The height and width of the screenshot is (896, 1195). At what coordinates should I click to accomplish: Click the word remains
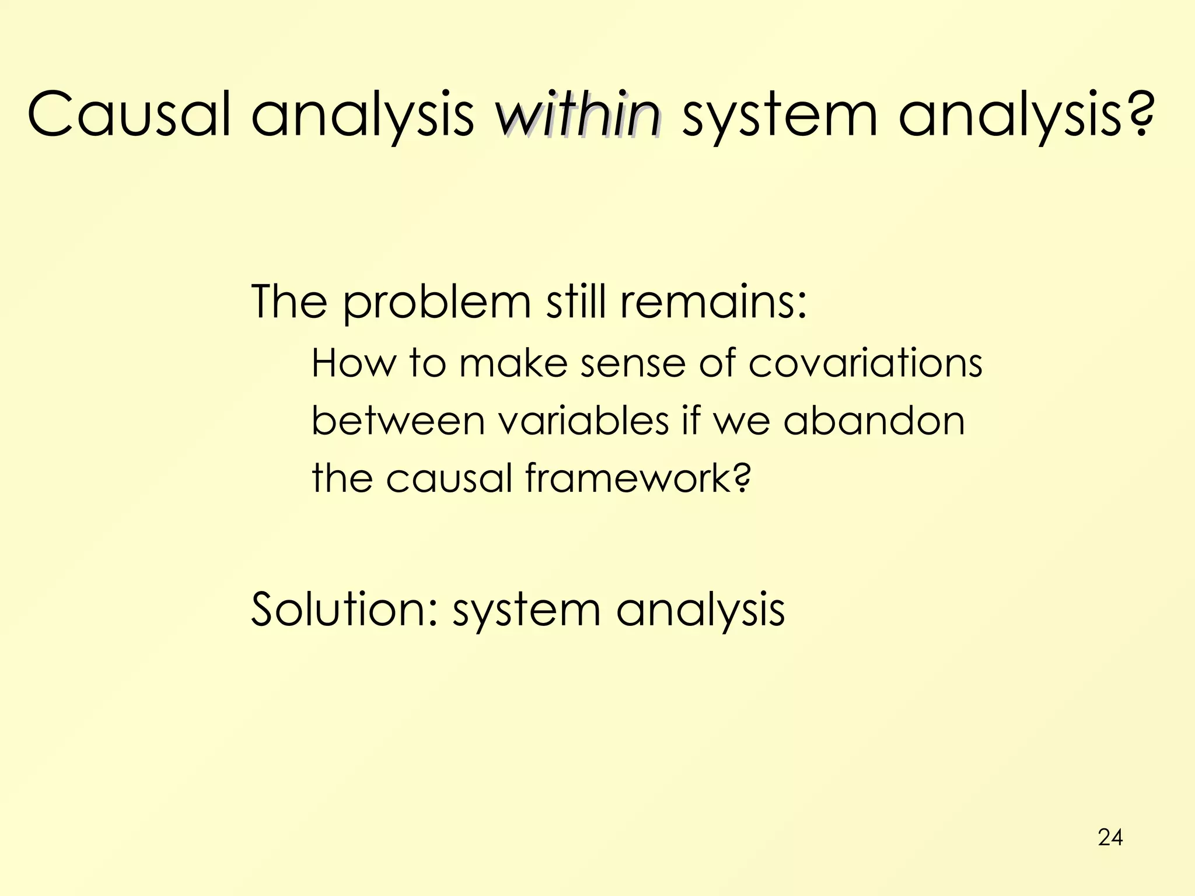tap(713, 302)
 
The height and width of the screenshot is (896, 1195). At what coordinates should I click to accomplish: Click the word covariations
tap(865, 363)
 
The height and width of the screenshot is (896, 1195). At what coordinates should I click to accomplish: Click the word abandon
tap(873, 421)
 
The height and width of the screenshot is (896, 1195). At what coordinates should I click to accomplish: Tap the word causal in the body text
tap(449, 478)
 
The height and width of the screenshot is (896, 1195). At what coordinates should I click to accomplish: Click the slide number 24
tap(1110, 837)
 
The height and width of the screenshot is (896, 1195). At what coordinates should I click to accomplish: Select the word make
tap(513, 363)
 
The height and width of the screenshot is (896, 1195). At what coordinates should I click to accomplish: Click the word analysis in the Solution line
tap(700, 610)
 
